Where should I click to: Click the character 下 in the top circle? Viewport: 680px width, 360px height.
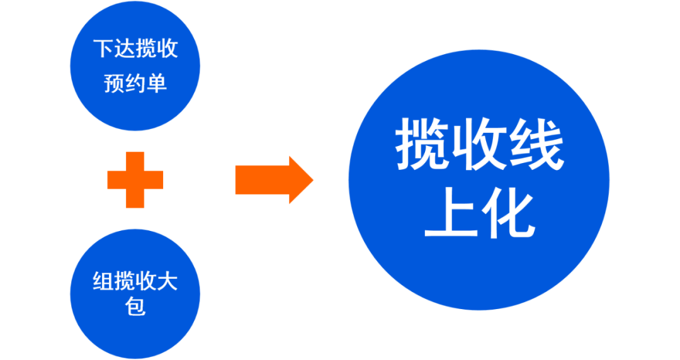(x=104, y=48)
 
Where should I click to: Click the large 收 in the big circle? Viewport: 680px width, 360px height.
(x=480, y=146)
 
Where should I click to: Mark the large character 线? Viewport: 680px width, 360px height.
(x=537, y=146)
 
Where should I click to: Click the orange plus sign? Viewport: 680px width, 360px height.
(x=135, y=180)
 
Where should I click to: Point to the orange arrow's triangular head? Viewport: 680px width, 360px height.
(x=300, y=180)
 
